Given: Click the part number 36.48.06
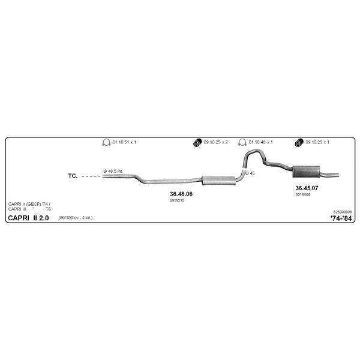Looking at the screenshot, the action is [x=181, y=194].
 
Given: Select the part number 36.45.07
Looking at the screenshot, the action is [x=307, y=188].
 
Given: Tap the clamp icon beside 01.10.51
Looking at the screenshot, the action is [x=106, y=142].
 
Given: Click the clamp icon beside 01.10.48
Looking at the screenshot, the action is [x=242, y=142].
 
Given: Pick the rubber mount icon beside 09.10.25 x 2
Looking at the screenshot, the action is [x=197, y=143].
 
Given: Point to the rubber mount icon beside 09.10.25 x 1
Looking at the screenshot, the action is [x=299, y=143].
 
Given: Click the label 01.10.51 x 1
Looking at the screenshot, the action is [x=124, y=142].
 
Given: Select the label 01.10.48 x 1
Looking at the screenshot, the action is [x=260, y=142].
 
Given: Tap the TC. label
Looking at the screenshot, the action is [x=73, y=176].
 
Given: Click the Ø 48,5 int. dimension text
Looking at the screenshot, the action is [x=113, y=171].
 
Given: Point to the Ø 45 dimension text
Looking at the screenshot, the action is [x=250, y=173].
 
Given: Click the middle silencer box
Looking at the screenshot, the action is [x=218, y=180].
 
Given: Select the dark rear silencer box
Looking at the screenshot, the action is [x=306, y=172].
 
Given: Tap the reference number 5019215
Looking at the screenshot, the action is [x=177, y=200].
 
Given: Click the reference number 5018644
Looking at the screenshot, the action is [x=302, y=194].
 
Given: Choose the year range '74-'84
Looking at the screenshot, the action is [x=341, y=218].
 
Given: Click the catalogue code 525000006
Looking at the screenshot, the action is [x=343, y=212].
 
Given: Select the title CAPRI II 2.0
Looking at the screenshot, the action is [x=28, y=218].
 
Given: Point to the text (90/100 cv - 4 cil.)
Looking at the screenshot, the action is [x=76, y=218].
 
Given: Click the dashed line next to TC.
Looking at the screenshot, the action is [x=91, y=176].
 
